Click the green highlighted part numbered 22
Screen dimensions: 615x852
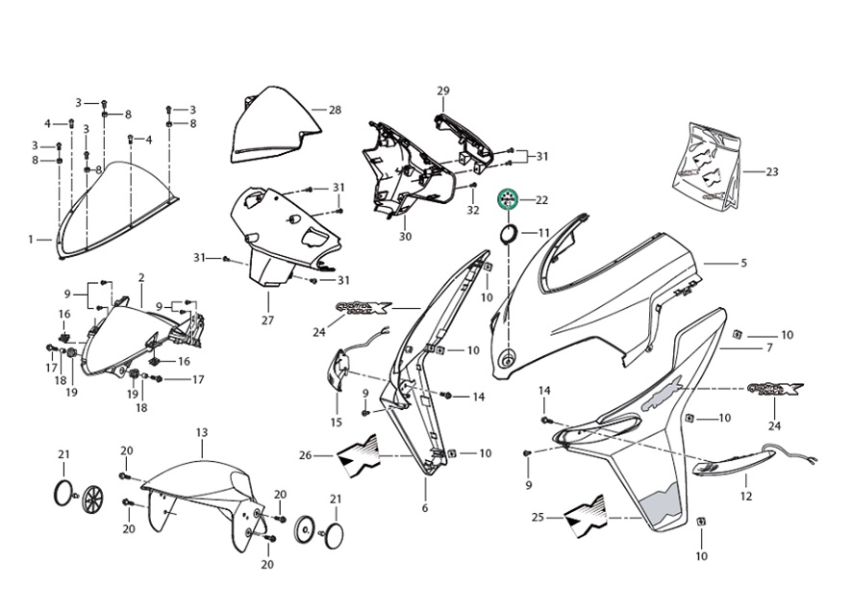[x=507, y=200]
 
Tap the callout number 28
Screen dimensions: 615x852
[x=335, y=110]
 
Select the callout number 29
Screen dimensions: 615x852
[x=443, y=91]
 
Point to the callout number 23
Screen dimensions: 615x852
[x=772, y=172]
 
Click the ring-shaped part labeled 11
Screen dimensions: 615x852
[x=510, y=233]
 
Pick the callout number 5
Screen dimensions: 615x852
[x=742, y=262]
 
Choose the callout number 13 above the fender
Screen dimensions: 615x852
[x=202, y=434]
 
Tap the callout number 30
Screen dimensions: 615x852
[x=405, y=236]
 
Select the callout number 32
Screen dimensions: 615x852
[x=473, y=210]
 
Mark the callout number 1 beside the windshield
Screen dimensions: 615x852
[x=32, y=239]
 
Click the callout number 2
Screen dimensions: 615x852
[x=140, y=278]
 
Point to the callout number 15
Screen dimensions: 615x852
[x=336, y=423]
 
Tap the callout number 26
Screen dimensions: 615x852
[x=305, y=455]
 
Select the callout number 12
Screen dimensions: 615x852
[x=746, y=497]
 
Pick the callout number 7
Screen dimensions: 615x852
[x=768, y=346]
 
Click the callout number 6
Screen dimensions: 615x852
[x=424, y=508]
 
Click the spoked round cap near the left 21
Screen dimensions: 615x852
[x=93, y=498]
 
